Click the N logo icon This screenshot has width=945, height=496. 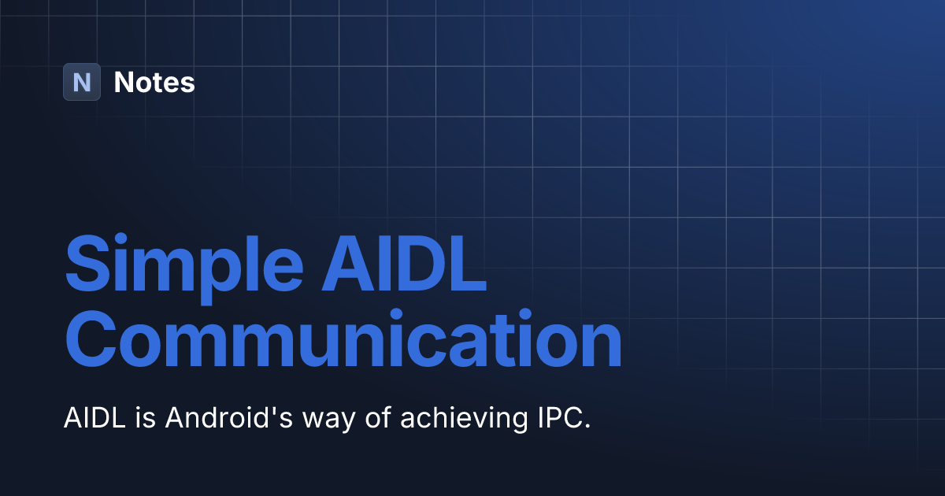click(82, 82)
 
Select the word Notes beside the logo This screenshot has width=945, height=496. click(154, 82)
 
